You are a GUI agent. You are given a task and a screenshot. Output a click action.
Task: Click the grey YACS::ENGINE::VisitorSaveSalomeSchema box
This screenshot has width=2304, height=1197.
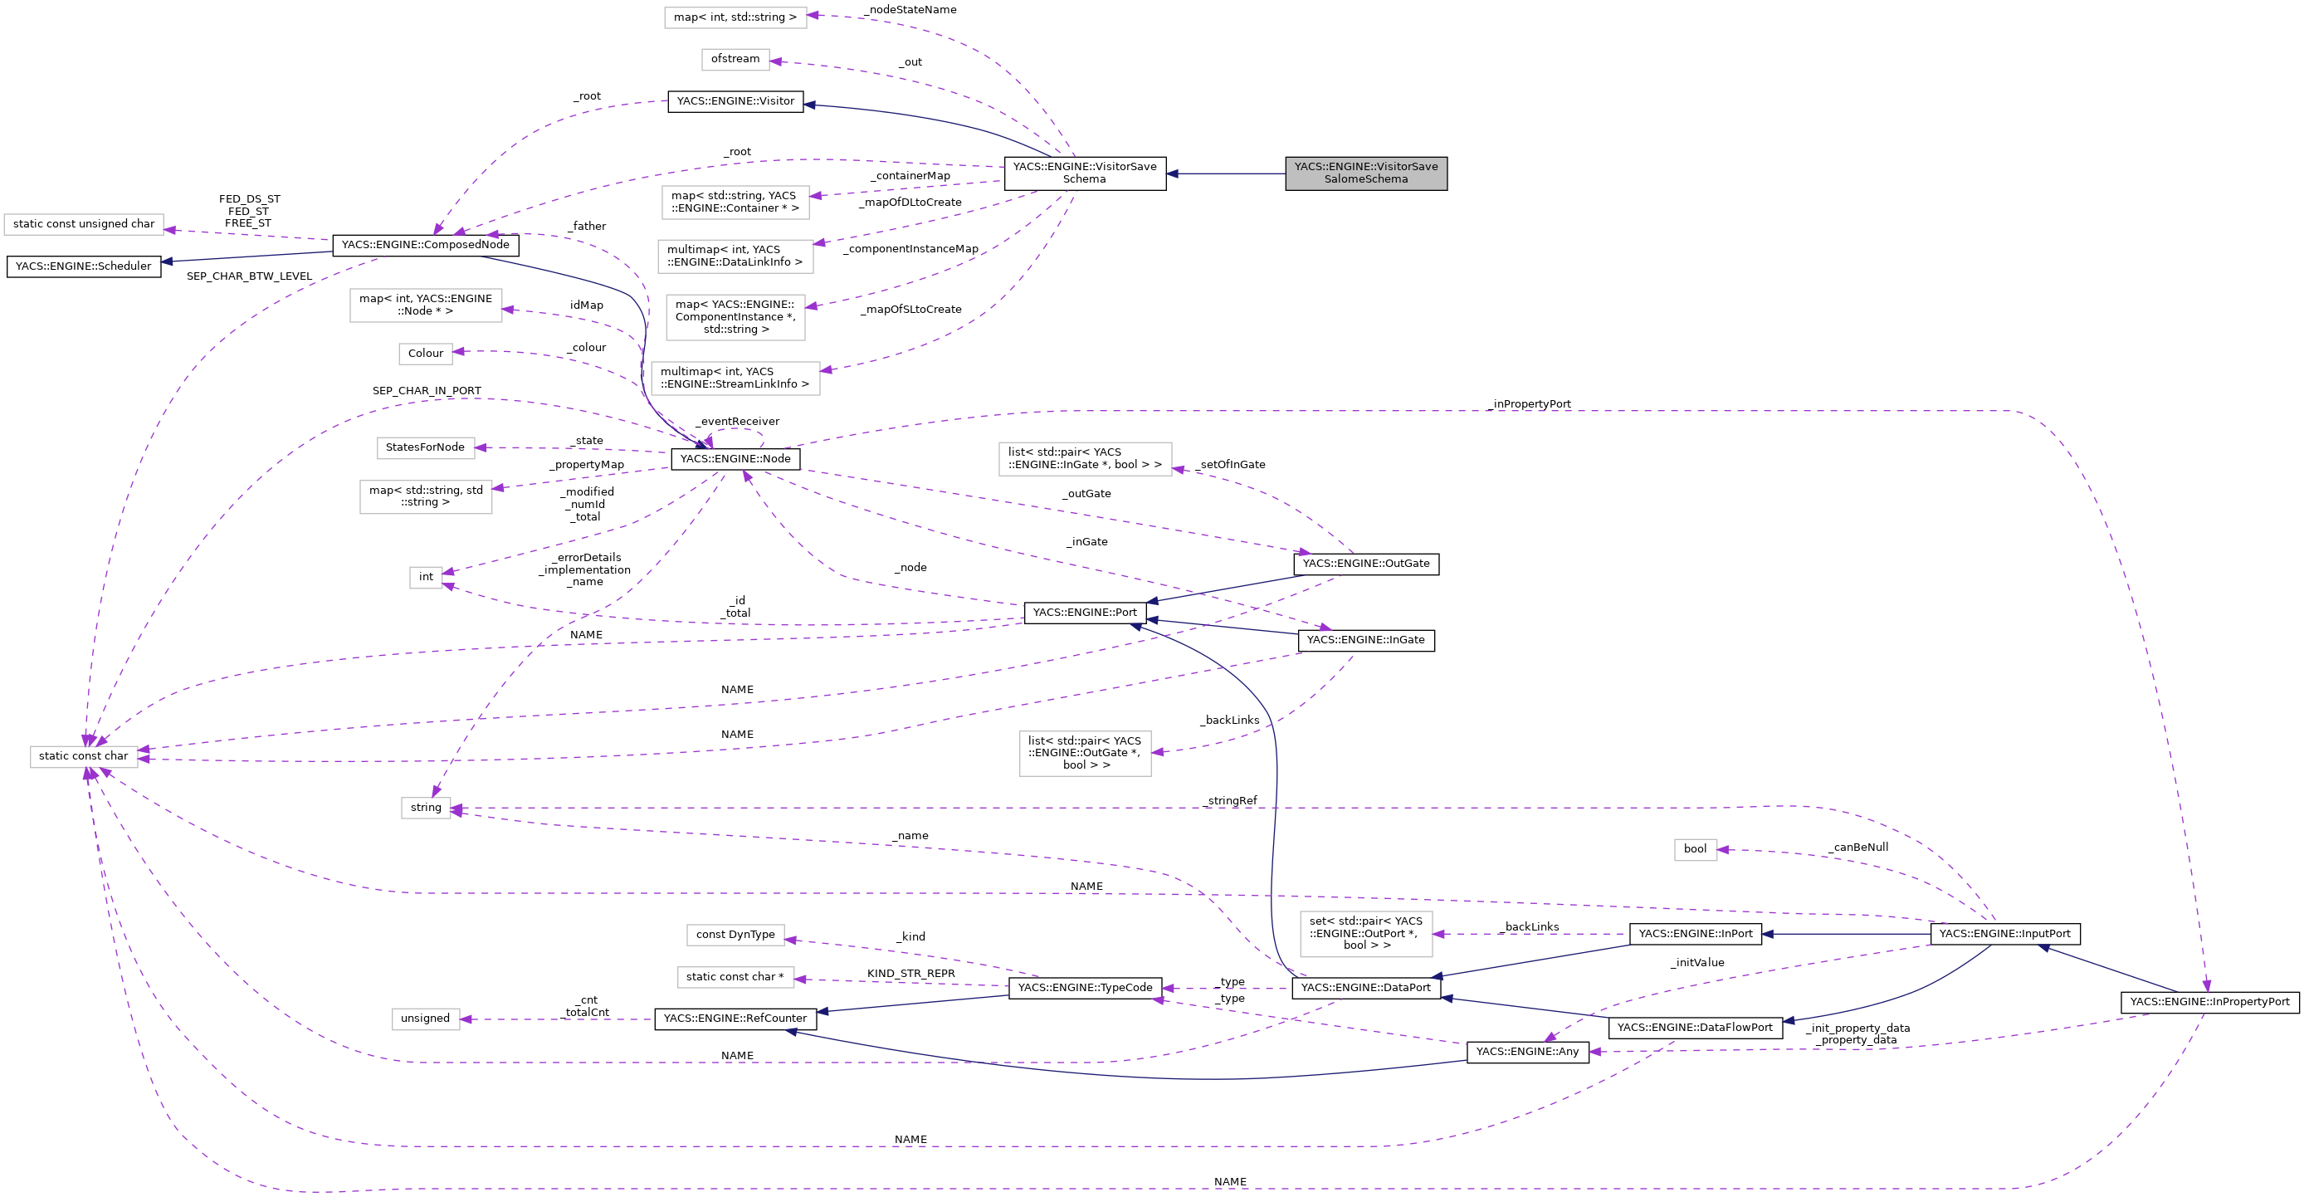1366,173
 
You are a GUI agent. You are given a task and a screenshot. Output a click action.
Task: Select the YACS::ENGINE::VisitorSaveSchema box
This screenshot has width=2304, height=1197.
1084,173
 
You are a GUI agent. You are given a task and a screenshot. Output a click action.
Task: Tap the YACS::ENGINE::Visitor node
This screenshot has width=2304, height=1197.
735,101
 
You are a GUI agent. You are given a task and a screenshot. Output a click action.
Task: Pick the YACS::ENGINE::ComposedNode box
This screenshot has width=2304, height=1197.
425,244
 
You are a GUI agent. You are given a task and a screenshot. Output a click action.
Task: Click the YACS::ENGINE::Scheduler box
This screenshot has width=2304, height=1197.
83,266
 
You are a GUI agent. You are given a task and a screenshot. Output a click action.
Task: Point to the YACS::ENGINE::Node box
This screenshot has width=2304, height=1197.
735,459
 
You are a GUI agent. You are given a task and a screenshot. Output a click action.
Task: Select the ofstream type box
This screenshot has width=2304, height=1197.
735,59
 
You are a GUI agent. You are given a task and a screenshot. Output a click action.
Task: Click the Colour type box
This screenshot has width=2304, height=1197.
426,354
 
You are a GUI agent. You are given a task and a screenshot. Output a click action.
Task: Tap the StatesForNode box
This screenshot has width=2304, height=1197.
425,447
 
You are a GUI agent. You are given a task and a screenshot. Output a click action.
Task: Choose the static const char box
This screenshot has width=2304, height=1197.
83,756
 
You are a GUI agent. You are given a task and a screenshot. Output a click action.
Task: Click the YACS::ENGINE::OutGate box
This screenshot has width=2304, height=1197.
1366,564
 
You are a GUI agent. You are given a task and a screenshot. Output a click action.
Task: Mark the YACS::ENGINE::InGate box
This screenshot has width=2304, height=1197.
1366,640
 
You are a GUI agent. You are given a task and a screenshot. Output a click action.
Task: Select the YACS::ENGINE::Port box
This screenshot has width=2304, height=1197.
1084,613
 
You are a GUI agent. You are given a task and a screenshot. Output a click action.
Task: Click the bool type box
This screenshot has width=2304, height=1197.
1695,849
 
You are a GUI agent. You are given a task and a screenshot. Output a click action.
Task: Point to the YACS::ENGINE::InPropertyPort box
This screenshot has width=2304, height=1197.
2209,1002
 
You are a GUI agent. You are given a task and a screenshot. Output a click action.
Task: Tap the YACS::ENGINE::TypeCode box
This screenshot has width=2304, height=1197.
1085,988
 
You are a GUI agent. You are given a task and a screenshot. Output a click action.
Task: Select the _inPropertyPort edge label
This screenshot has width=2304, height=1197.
1530,404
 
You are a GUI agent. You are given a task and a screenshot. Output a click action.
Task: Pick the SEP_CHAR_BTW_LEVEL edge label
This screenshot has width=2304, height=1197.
249,276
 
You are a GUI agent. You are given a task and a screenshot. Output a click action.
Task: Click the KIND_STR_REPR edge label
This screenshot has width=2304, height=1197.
910,974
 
